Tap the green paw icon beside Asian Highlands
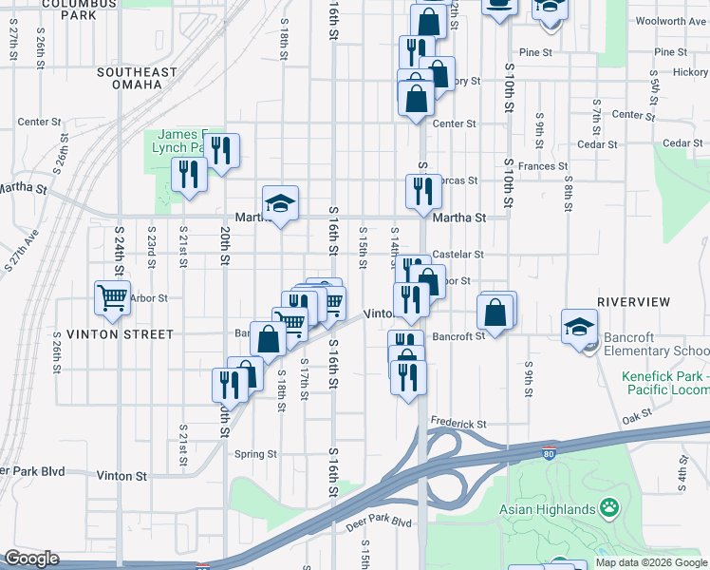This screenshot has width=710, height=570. coord(607,509)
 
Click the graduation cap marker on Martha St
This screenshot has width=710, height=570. coord(280,203)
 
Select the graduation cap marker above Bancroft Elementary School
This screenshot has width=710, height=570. coord(579,328)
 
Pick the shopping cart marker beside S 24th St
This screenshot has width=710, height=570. coord(112,297)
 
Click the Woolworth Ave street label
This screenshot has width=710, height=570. coord(671,20)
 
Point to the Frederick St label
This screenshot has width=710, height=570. coord(458,424)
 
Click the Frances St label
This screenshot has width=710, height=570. coord(542,166)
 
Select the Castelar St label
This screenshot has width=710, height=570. coord(458,255)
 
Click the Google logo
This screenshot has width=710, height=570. coord(31,559)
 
